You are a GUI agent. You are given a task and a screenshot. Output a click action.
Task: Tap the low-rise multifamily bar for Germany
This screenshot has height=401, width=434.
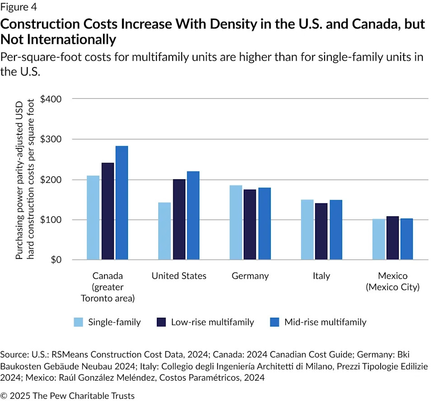point(250,224)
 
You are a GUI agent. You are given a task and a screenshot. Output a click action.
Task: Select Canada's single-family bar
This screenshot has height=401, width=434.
point(93,218)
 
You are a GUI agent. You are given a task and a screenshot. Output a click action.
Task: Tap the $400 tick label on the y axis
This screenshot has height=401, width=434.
point(51,99)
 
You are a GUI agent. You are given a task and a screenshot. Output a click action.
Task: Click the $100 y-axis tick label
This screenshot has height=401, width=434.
point(51,220)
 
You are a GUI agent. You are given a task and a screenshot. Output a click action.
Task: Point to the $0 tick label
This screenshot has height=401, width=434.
point(55,260)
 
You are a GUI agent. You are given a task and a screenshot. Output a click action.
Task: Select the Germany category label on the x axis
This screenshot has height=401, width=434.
point(250,276)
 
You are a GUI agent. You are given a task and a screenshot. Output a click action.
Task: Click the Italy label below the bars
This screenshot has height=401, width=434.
point(321,276)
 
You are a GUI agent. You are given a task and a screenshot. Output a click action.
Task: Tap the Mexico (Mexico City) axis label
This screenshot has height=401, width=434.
point(392,281)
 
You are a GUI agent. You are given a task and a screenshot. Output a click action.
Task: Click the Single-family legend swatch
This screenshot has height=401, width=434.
point(79,322)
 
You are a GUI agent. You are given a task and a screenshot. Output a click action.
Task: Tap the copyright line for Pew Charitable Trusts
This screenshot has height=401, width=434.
point(68,395)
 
